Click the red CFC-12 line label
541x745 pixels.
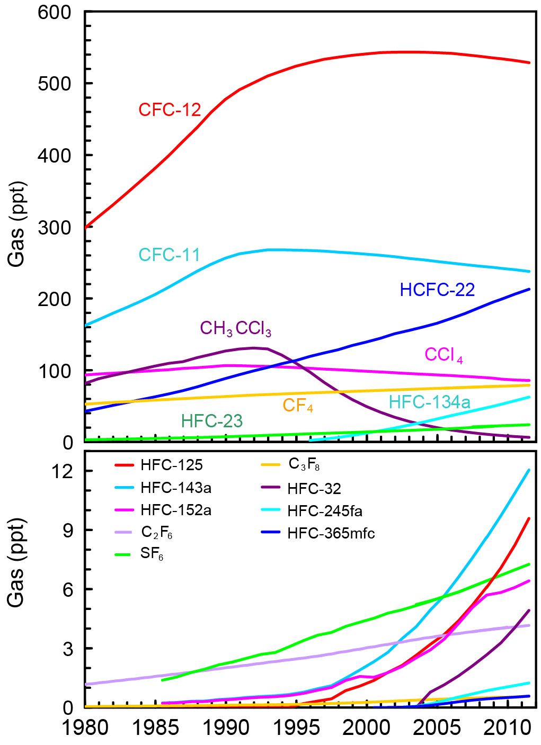click(x=170, y=110)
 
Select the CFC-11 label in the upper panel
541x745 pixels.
click(x=170, y=255)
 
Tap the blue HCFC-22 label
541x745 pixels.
click(x=437, y=290)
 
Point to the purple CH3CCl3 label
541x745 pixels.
click(x=235, y=329)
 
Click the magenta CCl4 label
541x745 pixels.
click(x=444, y=355)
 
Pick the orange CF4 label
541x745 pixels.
click(x=298, y=406)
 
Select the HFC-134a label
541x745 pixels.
click(x=429, y=402)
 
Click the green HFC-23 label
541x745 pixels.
click(x=211, y=421)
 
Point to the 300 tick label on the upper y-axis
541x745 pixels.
click(x=55, y=227)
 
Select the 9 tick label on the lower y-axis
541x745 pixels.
click(x=68, y=530)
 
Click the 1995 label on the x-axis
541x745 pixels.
click(x=296, y=728)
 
